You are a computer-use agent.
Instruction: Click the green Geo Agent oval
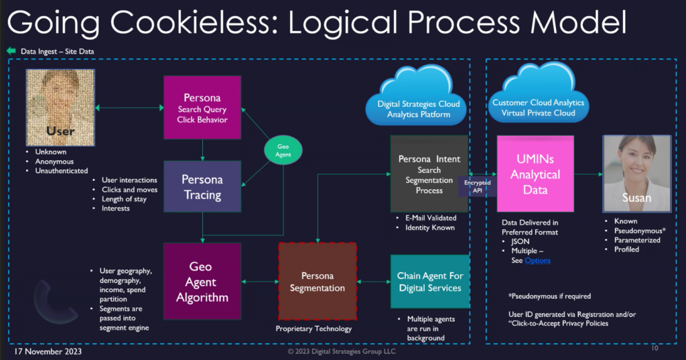coord(279,149)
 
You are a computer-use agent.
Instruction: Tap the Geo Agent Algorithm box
coord(202,282)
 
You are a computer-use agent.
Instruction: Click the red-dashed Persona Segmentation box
coord(318,281)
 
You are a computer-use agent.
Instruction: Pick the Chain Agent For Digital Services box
coord(429,282)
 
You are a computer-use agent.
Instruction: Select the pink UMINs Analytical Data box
coord(535,173)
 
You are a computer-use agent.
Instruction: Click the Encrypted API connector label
coord(478,186)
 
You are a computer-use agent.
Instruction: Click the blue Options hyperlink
coord(537,260)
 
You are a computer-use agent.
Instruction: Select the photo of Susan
coord(636,173)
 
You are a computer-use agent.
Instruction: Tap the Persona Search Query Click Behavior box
coord(202,107)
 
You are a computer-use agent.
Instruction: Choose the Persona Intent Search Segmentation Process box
coord(429,174)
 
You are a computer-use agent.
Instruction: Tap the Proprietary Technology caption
coord(314,328)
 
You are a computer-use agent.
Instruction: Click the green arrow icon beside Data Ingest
coord(11,51)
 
